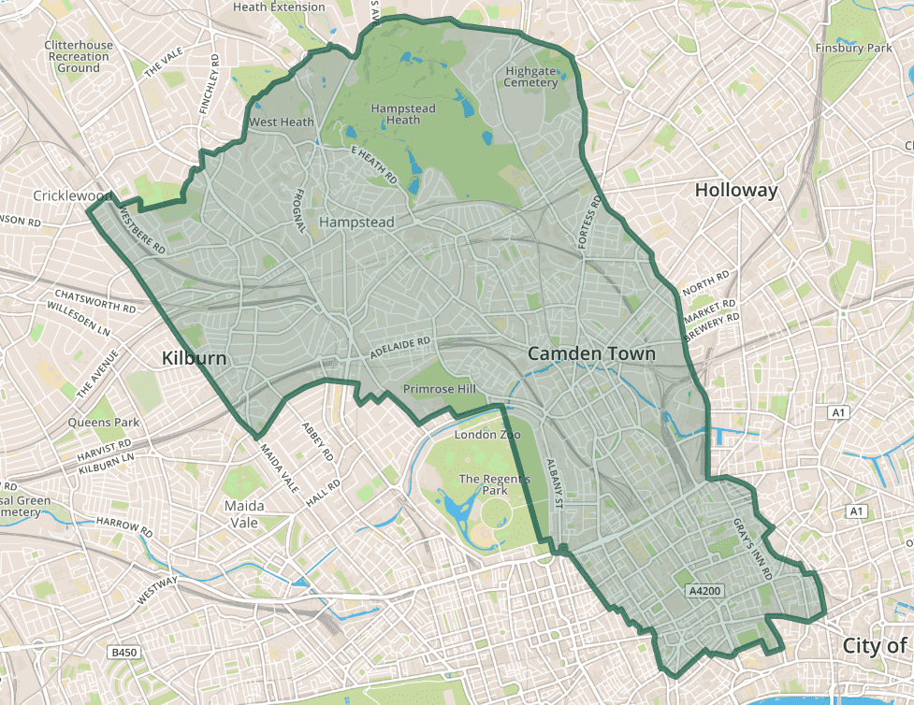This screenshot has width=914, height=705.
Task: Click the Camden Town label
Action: tap(591, 353)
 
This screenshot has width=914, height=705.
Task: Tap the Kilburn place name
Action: tap(194, 358)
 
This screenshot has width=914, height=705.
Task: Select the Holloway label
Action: tap(736, 190)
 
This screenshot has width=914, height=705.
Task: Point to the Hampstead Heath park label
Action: tap(403, 114)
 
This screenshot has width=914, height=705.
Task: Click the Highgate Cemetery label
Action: tap(530, 77)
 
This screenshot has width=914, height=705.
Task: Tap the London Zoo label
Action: tap(486, 435)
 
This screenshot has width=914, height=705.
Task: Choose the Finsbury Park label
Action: tap(854, 48)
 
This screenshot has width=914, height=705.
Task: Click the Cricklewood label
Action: tap(72, 195)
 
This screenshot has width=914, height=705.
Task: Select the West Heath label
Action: tap(281, 122)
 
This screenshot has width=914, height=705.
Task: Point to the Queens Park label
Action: tap(103, 423)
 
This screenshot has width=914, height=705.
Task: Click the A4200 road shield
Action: tap(704, 591)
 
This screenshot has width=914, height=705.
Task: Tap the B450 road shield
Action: tap(123, 652)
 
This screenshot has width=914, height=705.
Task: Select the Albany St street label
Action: tap(552, 484)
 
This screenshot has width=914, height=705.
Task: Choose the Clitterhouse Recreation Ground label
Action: tap(78, 56)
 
